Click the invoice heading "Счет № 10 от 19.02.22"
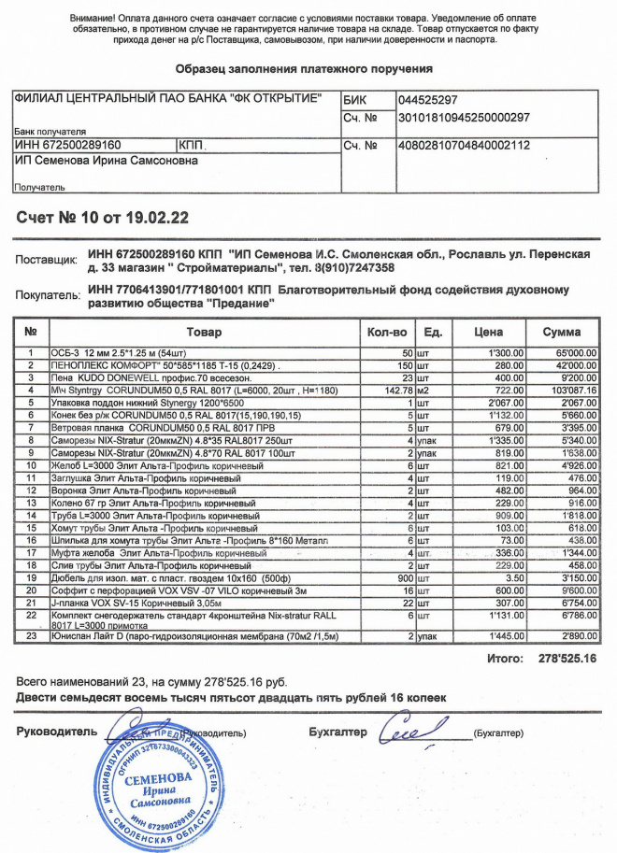coord(104,219)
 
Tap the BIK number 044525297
coord(427,100)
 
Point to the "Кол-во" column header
coord(387,333)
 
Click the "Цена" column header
coord(488,333)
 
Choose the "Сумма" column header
coord(562,333)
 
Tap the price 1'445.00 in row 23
coord(504,635)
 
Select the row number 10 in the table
coord(31,465)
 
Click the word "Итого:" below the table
coord(505,659)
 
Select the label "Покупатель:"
coord(49,296)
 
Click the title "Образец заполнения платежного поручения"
coord(304,69)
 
